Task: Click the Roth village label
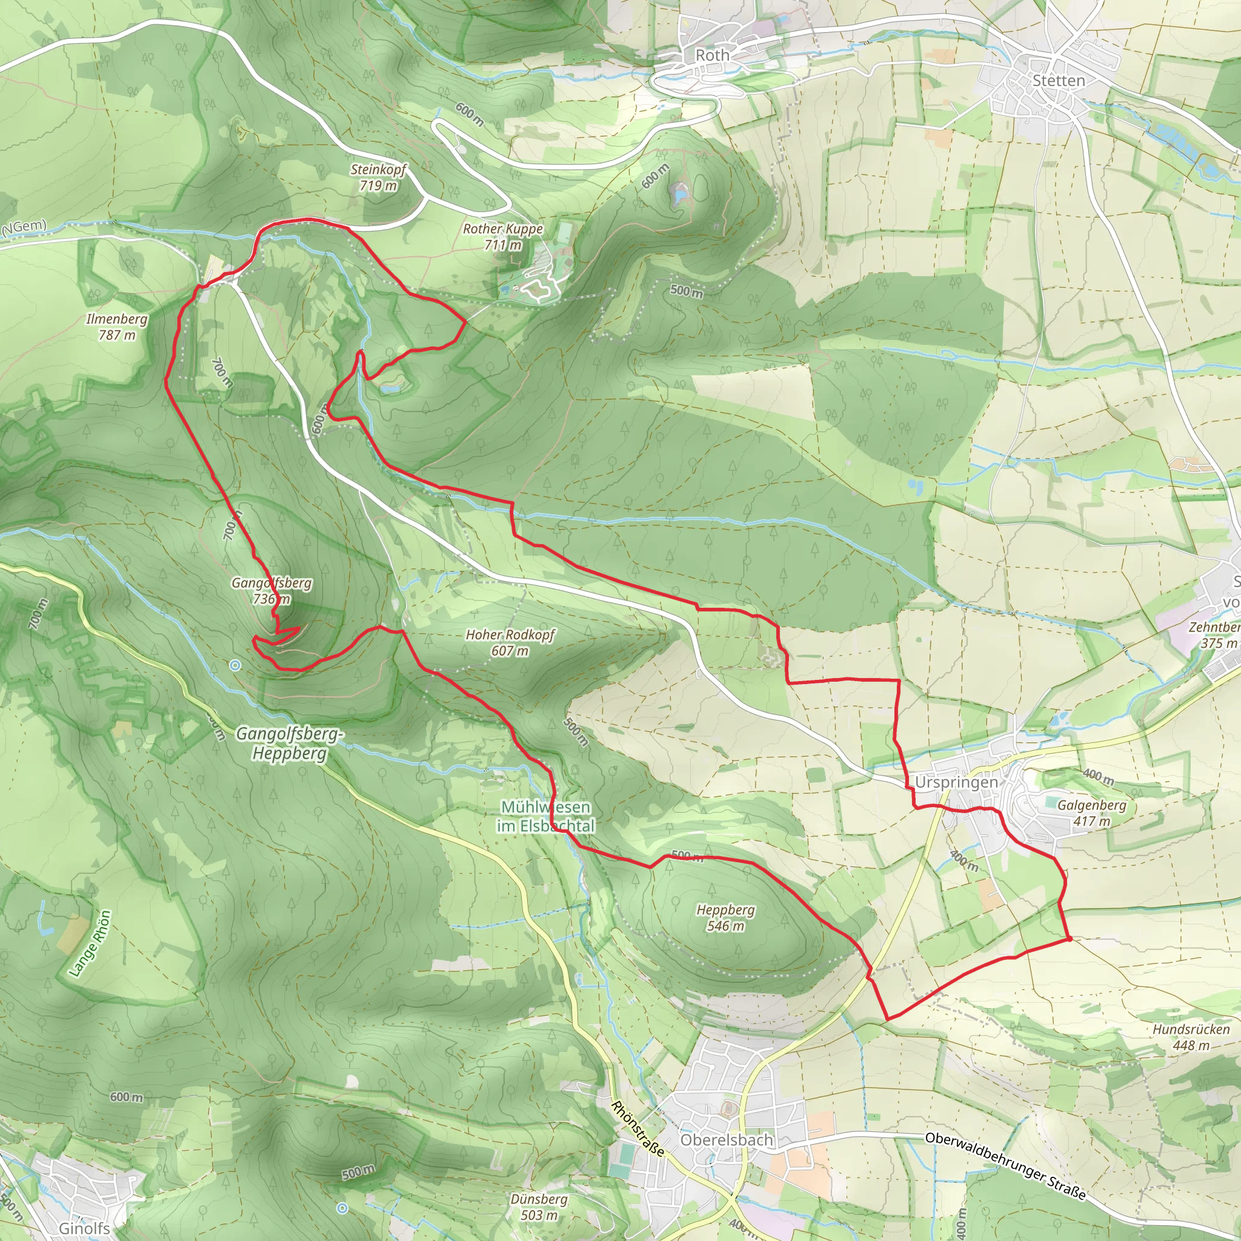point(713,55)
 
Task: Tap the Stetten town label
point(1058,81)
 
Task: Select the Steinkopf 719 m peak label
point(378,178)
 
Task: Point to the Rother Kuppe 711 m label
point(503,236)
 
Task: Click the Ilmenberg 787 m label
point(117,327)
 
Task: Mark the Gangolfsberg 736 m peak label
point(271,590)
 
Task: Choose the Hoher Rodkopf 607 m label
point(510,642)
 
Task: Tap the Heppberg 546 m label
point(725,917)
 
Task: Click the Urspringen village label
point(956,782)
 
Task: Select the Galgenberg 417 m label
point(1091,813)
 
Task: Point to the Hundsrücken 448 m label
point(1190,1037)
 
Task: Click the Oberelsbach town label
point(726,1140)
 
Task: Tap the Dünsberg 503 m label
point(539,1206)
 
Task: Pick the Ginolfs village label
point(84,1228)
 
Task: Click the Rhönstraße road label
point(637,1128)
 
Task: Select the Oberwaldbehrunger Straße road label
point(1005,1165)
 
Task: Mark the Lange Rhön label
point(90,943)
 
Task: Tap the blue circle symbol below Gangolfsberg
point(235,665)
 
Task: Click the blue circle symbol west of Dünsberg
point(342,1208)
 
